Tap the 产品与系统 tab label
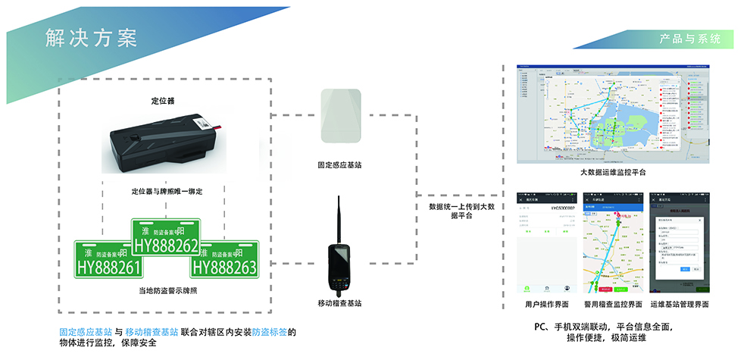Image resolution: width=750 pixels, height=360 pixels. (x=689, y=39)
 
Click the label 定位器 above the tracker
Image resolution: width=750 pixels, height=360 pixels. (x=163, y=101)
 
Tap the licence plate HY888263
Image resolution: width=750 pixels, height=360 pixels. (x=223, y=259)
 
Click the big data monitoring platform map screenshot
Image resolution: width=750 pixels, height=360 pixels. (x=614, y=114)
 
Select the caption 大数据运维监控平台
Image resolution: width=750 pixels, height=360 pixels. (x=613, y=173)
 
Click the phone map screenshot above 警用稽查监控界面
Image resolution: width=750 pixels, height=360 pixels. (x=613, y=242)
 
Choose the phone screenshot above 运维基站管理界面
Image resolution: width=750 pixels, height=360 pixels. (x=679, y=242)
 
